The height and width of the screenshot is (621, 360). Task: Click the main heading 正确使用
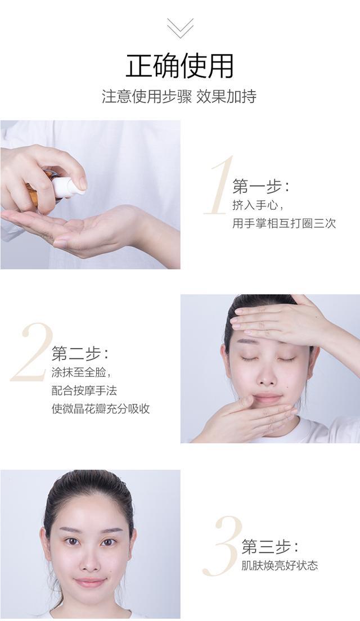pos(180,65)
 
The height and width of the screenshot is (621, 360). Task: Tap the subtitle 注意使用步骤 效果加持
pos(179,96)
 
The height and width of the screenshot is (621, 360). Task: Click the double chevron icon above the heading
pos(180,28)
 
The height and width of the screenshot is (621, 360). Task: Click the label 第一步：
pos(260,186)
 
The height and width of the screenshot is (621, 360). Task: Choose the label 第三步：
pos(269,547)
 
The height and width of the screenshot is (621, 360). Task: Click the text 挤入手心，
pos(258,205)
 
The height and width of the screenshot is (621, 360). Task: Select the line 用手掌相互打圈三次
pos(284,223)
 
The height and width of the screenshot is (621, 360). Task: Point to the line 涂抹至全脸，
pos(81,373)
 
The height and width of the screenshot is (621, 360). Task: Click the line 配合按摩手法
pos(84,391)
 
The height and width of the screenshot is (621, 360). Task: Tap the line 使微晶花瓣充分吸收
pos(101,409)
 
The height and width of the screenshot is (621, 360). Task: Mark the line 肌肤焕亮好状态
pos(280,565)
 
